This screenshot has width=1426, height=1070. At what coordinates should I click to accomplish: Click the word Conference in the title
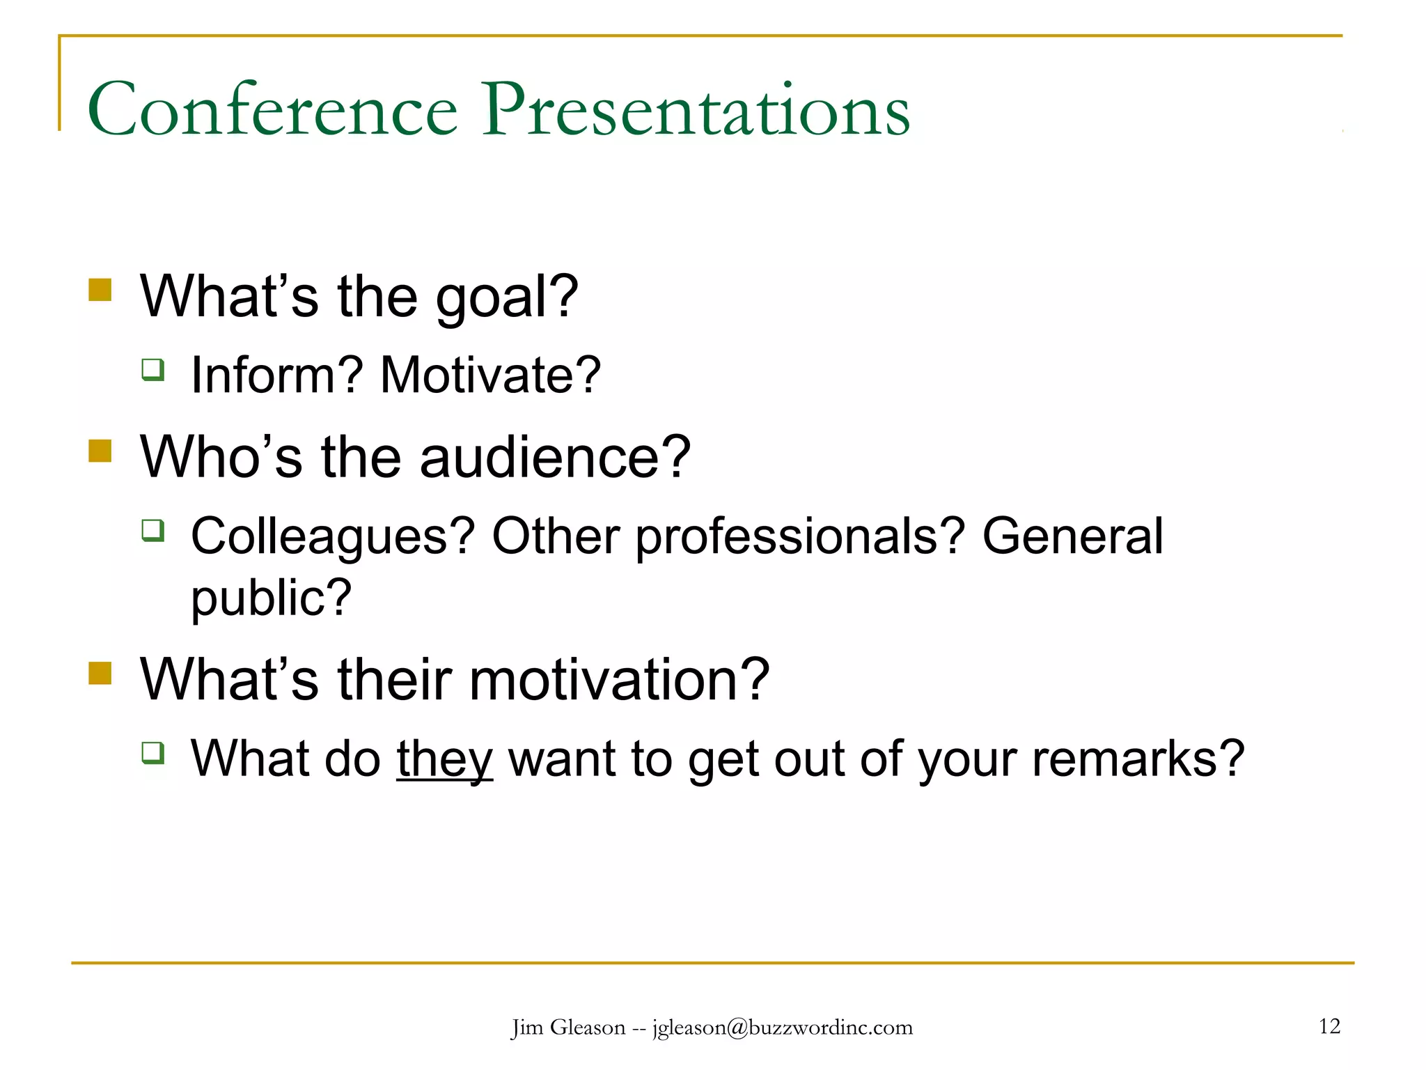tap(272, 109)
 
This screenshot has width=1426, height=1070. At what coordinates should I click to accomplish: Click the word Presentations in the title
tap(696, 109)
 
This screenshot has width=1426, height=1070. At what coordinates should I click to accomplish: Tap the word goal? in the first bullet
tap(507, 298)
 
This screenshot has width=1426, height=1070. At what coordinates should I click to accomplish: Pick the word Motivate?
tap(490, 375)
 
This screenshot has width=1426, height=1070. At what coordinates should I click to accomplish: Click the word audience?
tap(554, 458)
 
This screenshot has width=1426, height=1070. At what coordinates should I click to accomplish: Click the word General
tap(1072, 536)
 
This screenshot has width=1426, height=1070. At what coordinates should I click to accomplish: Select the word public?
tap(272, 599)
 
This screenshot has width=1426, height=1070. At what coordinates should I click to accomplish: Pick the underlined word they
tap(445, 760)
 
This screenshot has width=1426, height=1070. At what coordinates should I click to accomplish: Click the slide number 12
tap(1329, 1026)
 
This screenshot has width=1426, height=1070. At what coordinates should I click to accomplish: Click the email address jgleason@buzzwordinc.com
tap(782, 1028)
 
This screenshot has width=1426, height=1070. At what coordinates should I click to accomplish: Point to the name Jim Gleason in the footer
tap(568, 1028)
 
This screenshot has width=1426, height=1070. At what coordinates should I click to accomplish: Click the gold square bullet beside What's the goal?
tap(100, 290)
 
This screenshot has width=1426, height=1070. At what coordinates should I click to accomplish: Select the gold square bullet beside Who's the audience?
tap(100, 451)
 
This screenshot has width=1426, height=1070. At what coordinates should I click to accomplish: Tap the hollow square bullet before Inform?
tap(153, 369)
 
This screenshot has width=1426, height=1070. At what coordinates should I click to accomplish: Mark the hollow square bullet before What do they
tap(153, 752)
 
